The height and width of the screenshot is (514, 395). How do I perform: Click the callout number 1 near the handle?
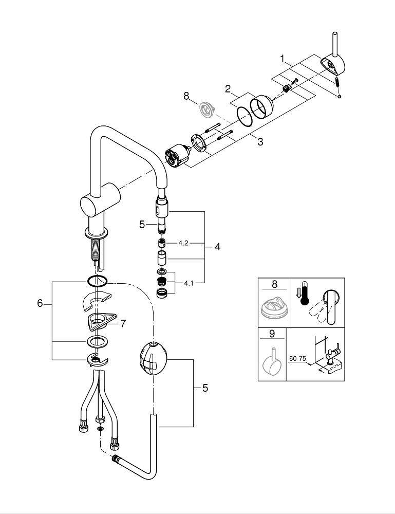click(x=282, y=59)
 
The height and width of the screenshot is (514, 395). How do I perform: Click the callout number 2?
click(x=228, y=88)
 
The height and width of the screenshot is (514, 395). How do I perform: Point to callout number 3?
click(x=260, y=142)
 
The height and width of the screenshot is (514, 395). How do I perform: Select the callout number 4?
click(x=218, y=247)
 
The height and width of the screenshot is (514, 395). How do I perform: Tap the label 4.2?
click(x=183, y=243)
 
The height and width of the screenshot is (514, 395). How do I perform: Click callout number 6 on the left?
click(x=40, y=303)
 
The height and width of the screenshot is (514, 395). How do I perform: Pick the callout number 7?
click(x=123, y=324)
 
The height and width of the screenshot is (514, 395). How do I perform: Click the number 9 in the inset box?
click(x=272, y=334)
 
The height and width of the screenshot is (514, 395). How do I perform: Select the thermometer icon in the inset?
click(x=304, y=293)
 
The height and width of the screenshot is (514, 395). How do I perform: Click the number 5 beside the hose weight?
click(x=205, y=389)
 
